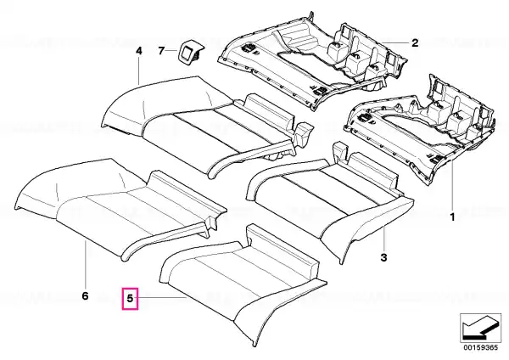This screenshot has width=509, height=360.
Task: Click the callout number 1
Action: [x=452, y=217]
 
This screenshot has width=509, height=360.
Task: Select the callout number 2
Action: [x=415, y=42]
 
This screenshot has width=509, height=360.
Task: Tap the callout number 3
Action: [x=383, y=257]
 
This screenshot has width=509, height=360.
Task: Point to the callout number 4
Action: [x=138, y=51]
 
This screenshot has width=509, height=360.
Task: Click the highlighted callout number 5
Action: [x=130, y=298]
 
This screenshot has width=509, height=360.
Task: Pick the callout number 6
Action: [x=85, y=296]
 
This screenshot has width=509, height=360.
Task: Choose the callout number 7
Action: [x=161, y=51]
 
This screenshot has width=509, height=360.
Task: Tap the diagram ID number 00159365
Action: [x=480, y=347]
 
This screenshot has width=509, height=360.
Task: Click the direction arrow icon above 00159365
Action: [x=480, y=328]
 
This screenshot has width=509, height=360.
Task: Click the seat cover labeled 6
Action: [x=121, y=208]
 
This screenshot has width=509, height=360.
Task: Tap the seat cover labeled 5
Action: [x=243, y=283]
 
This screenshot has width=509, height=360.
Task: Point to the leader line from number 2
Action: [x=395, y=42]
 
